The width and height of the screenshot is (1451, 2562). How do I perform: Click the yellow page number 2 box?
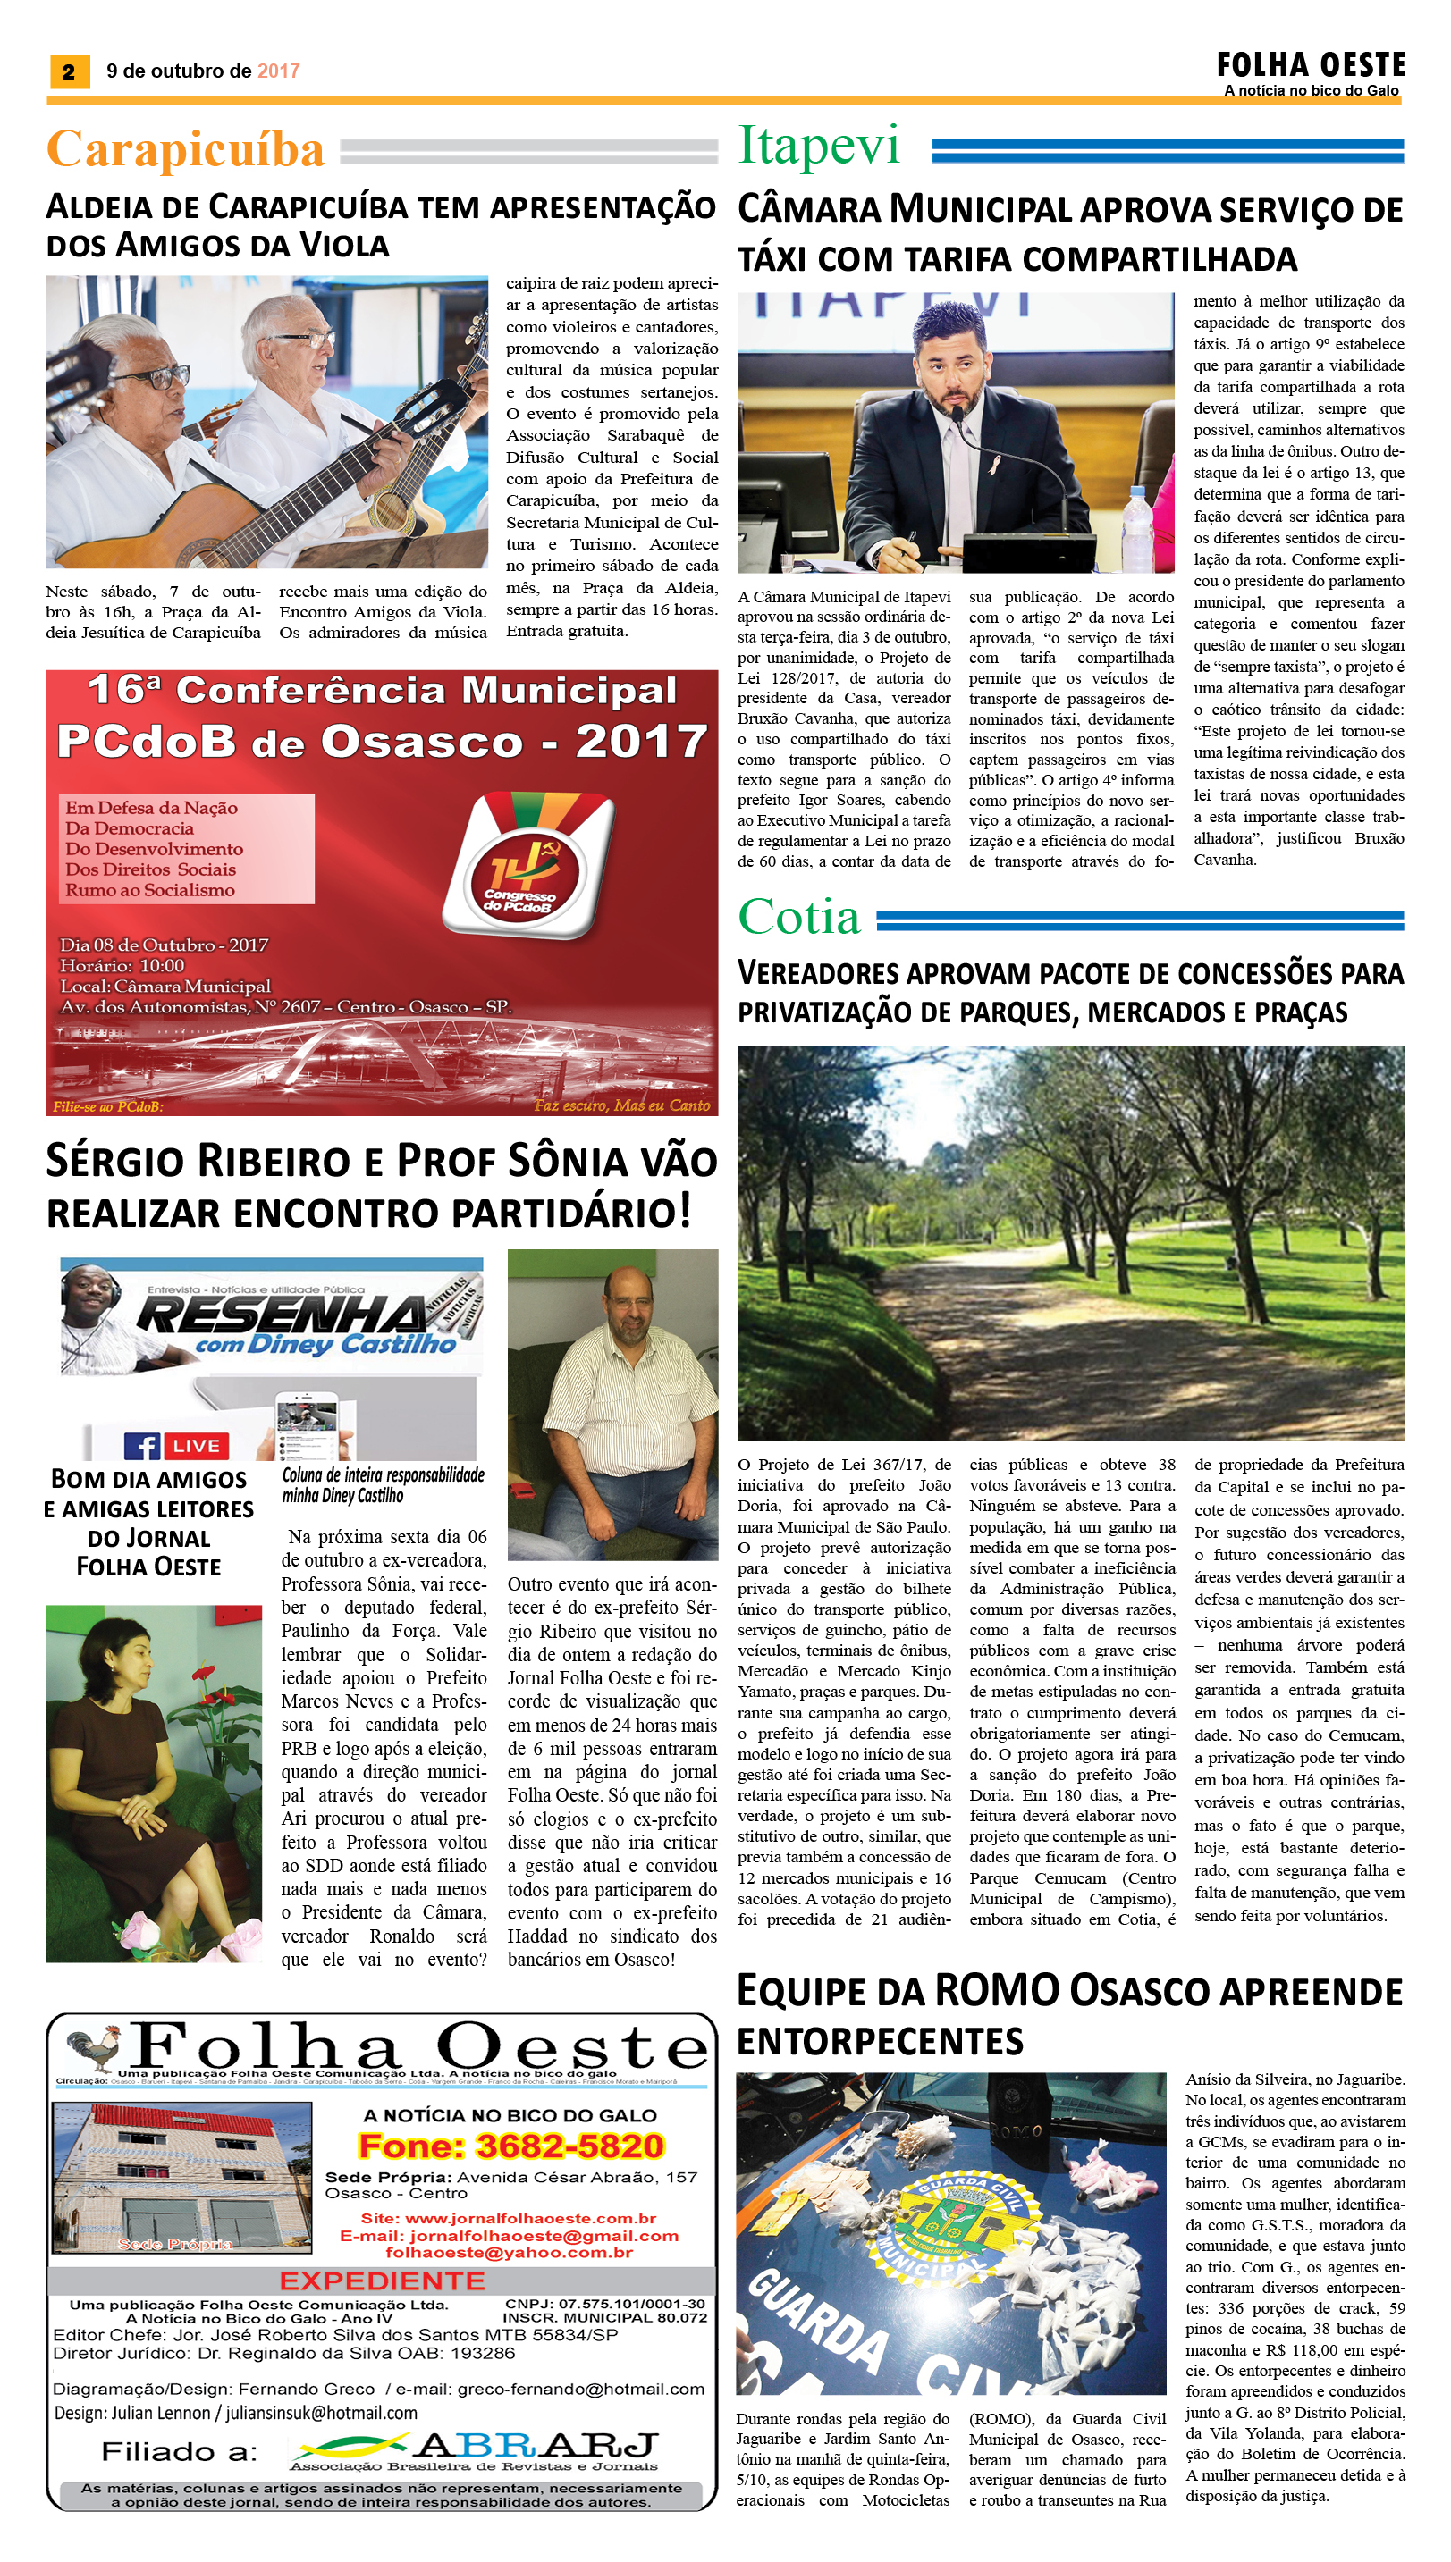69,71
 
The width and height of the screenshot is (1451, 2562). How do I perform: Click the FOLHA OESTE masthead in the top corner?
1310,67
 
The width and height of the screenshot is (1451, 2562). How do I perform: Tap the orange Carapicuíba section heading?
185,149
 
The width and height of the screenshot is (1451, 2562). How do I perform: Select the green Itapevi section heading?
818,146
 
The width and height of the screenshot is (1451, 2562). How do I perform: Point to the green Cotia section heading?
798,918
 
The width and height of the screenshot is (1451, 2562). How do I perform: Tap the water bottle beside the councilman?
1137,516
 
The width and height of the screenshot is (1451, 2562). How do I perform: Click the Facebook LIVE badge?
176,1445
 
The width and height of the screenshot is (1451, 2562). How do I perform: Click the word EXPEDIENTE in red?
382,2281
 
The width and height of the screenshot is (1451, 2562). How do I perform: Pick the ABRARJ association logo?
473,2449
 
